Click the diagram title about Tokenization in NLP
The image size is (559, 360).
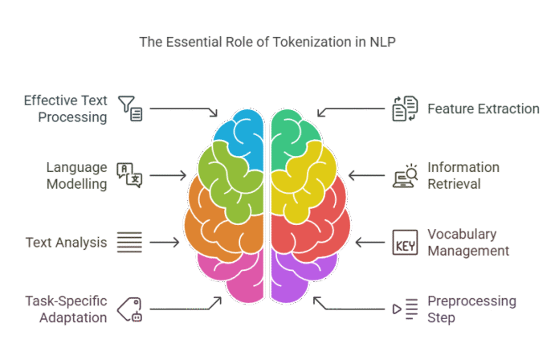(267, 41)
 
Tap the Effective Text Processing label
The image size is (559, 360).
(65, 109)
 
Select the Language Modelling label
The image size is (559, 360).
(77, 175)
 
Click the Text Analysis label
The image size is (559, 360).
(66, 242)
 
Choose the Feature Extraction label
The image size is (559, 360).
(483, 108)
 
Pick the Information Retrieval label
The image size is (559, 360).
(463, 175)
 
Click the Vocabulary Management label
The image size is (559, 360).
(468, 242)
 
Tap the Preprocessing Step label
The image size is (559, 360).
(471, 309)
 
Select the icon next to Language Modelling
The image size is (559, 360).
(129, 174)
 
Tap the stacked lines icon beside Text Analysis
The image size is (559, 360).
(129, 242)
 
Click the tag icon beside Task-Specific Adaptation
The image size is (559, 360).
(129, 308)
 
